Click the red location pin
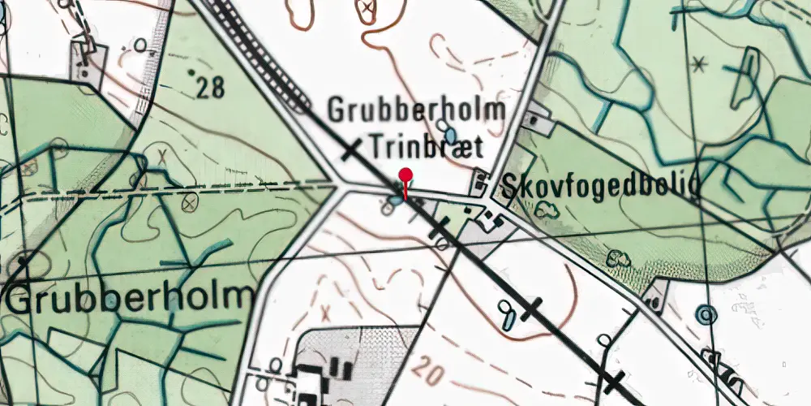[405, 176]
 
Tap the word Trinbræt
[427, 148]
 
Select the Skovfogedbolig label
[599, 187]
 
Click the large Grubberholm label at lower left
[130, 298]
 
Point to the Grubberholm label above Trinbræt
[416, 110]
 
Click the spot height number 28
[210, 88]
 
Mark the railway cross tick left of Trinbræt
[351, 149]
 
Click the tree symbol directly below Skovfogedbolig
[549, 209]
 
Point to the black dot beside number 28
[192, 73]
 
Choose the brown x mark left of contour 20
[327, 313]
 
